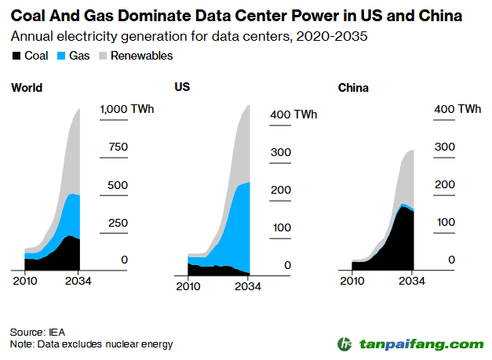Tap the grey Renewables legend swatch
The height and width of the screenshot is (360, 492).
coord(100,56)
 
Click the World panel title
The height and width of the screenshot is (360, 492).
coord(27,88)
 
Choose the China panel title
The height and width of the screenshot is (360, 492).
coord(353,86)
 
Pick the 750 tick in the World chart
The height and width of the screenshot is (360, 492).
coord(118,147)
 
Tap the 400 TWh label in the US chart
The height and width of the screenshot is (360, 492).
coord(293,115)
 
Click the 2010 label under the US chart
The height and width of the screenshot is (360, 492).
coord(188,286)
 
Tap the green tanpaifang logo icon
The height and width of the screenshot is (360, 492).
coord(344,344)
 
